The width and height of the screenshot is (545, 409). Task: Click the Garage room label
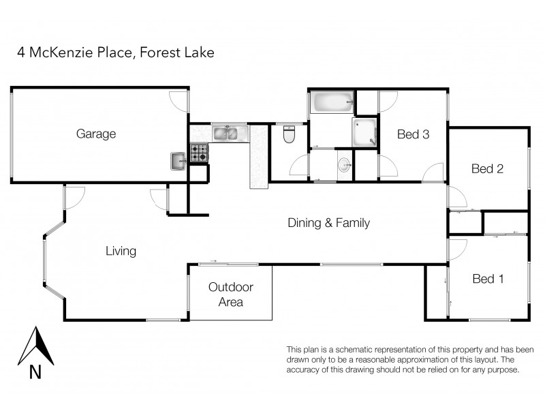coord(95,134)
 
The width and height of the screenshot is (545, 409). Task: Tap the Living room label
coord(121,252)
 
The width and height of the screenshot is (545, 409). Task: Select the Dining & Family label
coord(328,222)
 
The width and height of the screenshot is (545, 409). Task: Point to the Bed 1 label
coord(487,279)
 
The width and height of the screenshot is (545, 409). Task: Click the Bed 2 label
coord(487,169)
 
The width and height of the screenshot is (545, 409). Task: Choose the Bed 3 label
coord(413,134)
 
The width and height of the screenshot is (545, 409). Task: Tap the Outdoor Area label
coord(230,294)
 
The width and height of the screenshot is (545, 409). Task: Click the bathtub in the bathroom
coord(332,103)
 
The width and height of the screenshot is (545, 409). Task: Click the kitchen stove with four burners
coord(199,153)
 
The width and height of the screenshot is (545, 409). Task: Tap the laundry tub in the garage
coord(178,161)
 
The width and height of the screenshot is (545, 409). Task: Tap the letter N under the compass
coord(35,372)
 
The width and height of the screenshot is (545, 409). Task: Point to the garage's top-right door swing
coord(179,100)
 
